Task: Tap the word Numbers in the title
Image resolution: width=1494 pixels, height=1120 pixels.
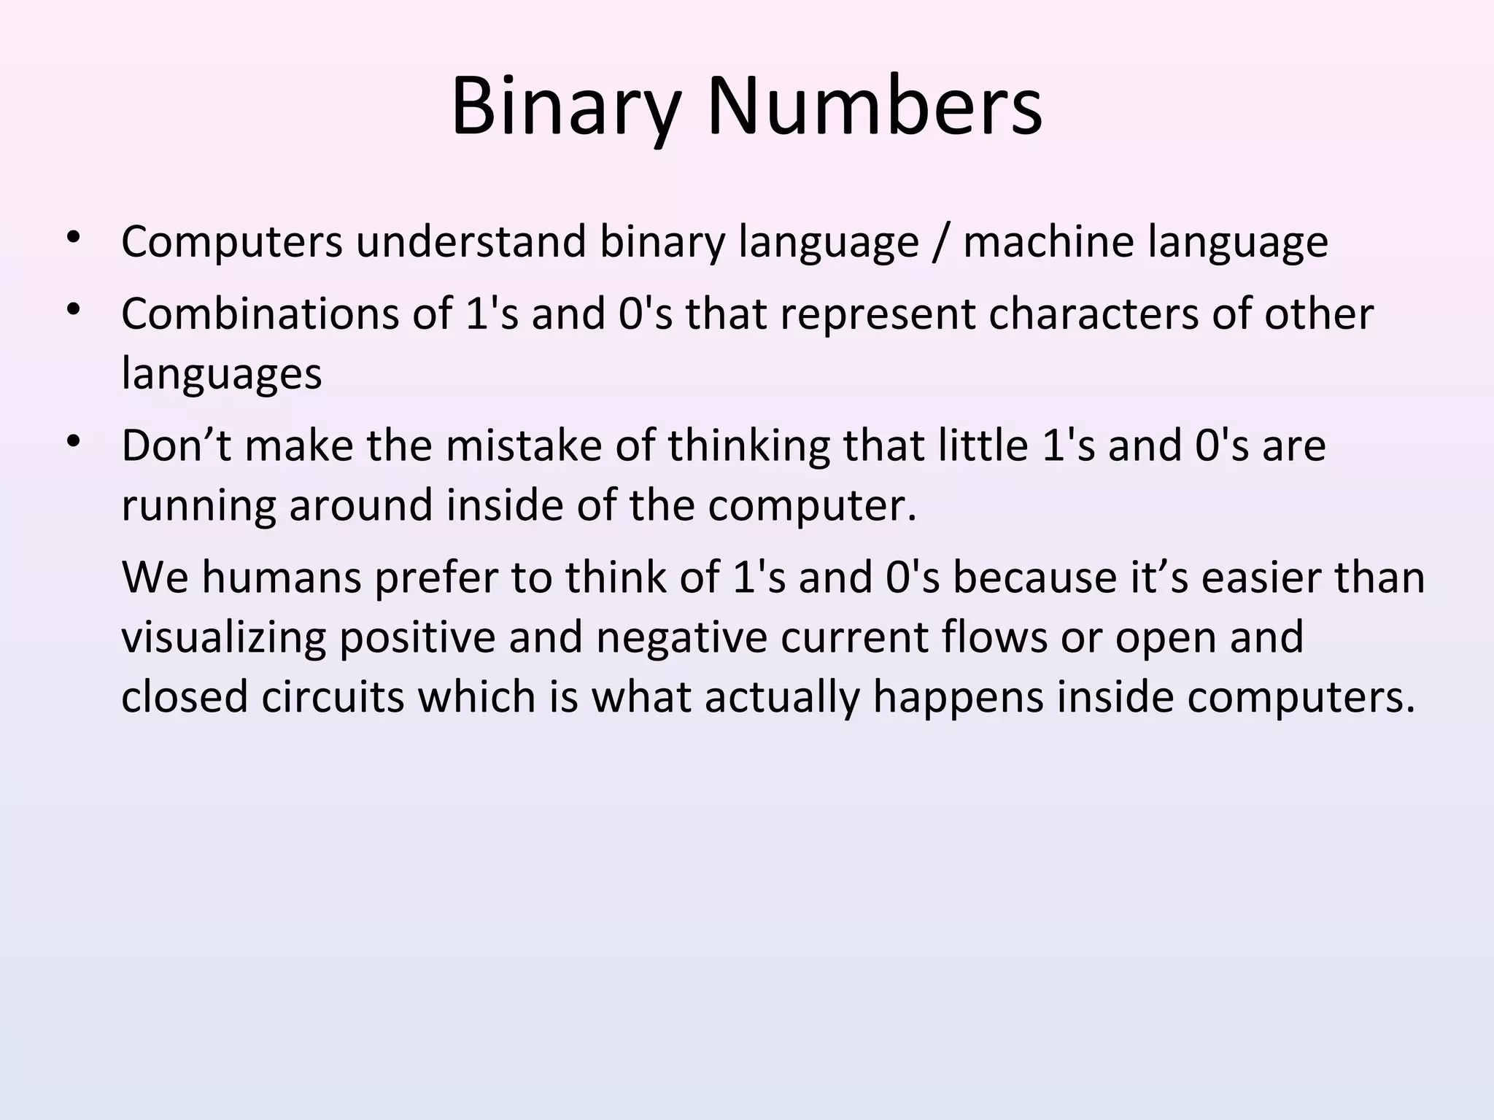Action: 875,106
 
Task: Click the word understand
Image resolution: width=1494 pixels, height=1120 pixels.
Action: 471,241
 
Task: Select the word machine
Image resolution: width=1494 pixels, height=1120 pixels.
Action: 1049,241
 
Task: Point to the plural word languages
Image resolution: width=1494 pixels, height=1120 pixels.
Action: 221,375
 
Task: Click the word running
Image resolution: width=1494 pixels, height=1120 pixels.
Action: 198,506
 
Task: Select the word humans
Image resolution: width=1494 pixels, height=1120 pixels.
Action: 282,577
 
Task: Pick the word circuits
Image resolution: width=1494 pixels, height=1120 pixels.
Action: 332,696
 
